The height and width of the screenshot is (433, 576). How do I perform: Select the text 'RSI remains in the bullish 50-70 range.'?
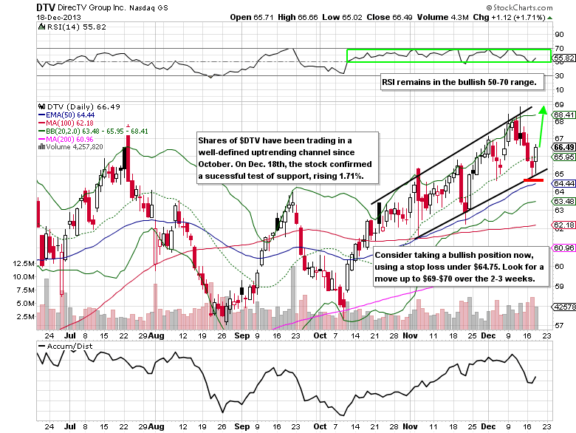(463, 83)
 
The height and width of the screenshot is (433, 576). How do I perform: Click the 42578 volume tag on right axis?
(563, 306)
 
